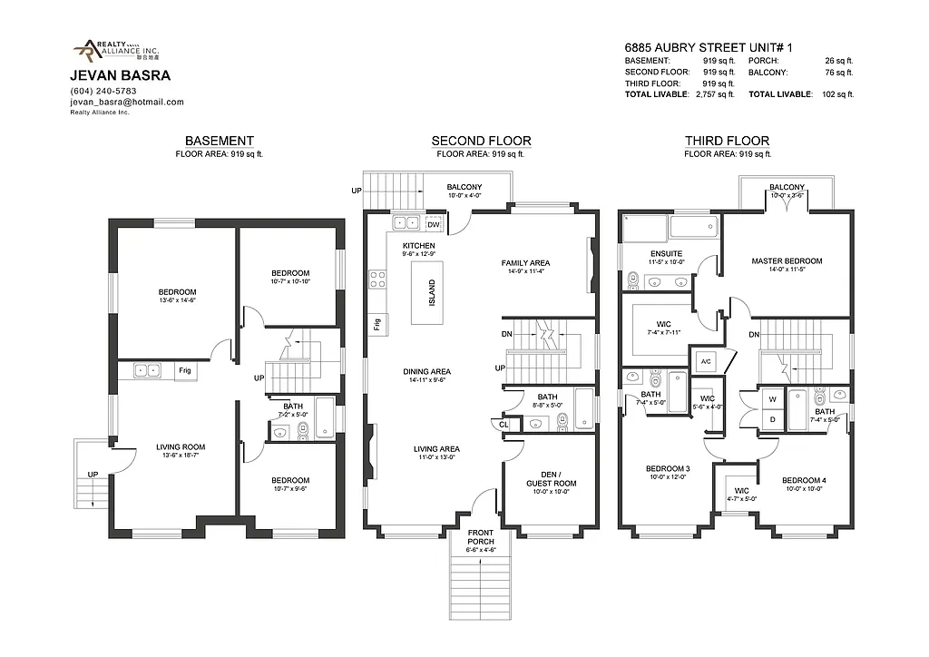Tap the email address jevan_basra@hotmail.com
pos(127,103)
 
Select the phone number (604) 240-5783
pos(103,91)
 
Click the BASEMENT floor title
pos(219,141)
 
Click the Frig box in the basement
pos(185,370)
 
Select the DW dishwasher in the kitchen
pos(434,224)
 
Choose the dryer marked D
pos(772,419)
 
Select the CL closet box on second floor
pos(504,424)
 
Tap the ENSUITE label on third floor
pos(666,253)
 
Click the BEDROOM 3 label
pos(668,469)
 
